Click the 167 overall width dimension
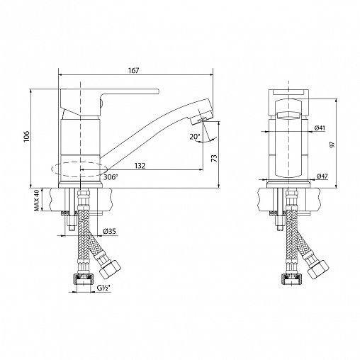(x=134, y=70)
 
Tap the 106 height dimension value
(x=26, y=136)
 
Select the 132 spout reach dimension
(x=140, y=166)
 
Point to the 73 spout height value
(x=215, y=158)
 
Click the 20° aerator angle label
(x=195, y=136)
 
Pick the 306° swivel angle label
(x=111, y=177)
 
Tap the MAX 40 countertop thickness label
(x=36, y=201)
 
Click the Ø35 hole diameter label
(x=110, y=232)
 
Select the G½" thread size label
(x=103, y=288)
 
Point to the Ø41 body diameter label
(x=320, y=128)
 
